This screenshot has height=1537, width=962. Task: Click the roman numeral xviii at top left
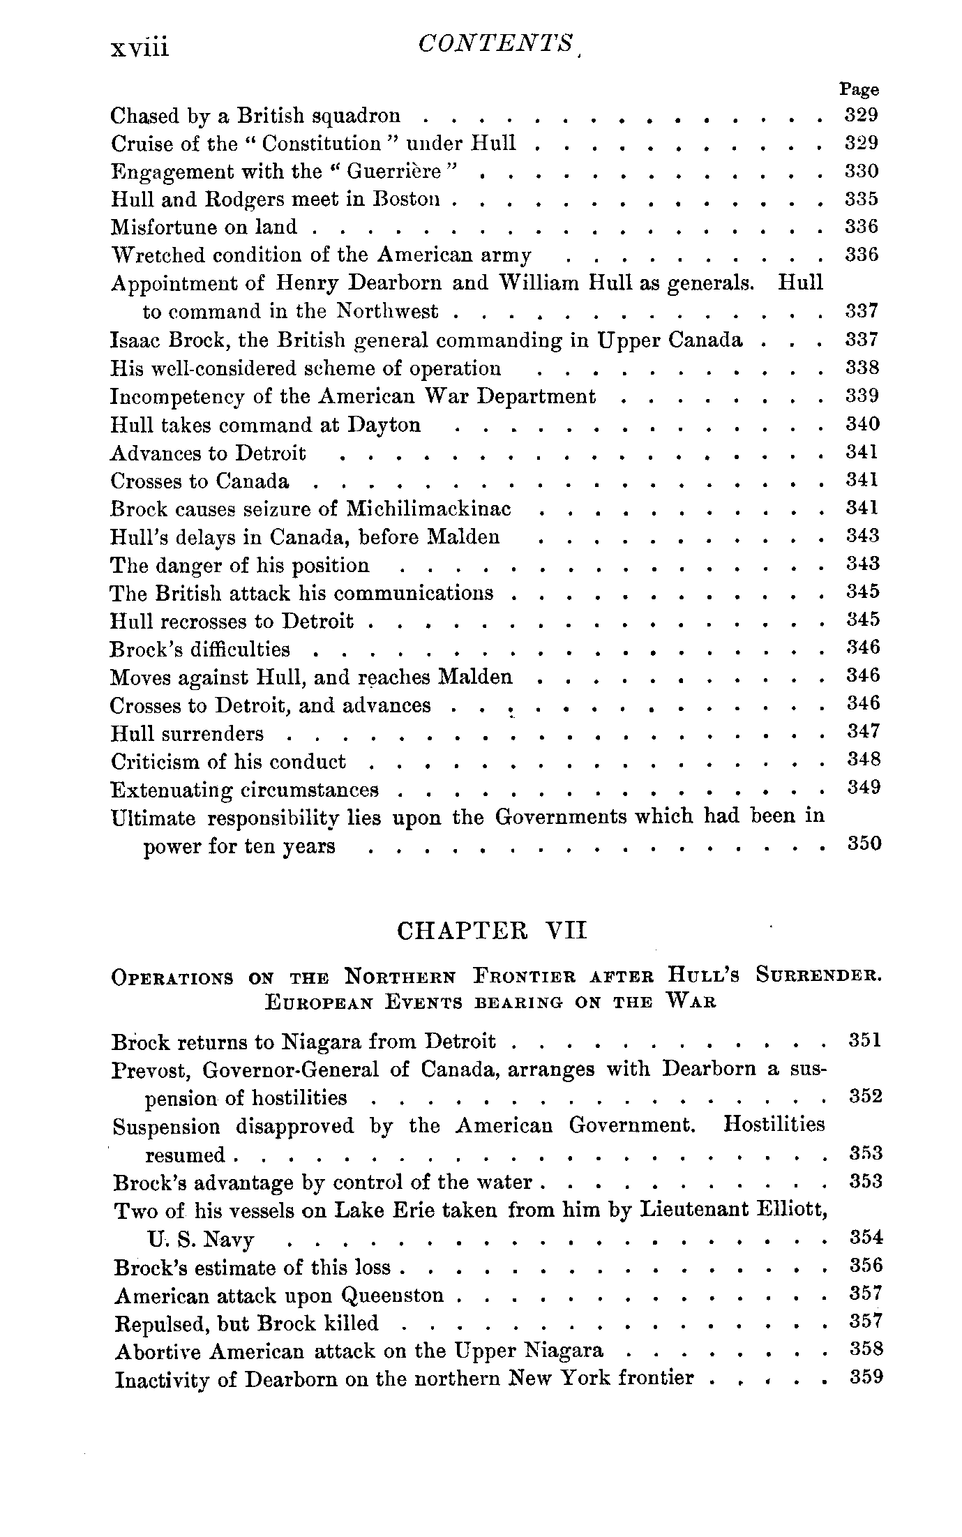[x=140, y=48]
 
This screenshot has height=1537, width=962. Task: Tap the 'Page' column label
[x=859, y=89]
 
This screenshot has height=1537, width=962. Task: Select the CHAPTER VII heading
[x=492, y=931]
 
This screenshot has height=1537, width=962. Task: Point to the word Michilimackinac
[x=428, y=509]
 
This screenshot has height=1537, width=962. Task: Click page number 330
[x=862, y=172]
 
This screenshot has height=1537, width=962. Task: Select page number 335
[x=862, y=200]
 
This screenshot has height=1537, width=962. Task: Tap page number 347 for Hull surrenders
[x=864, y=731]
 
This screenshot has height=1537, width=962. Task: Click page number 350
[x=864, y=844]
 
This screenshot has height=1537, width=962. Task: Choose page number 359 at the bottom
[x=866, y=1378]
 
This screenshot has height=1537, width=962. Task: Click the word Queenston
[x=393, y=1296]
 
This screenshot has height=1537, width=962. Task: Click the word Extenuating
[x=172, y=790]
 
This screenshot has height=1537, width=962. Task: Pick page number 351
[x=865, y=1040]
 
